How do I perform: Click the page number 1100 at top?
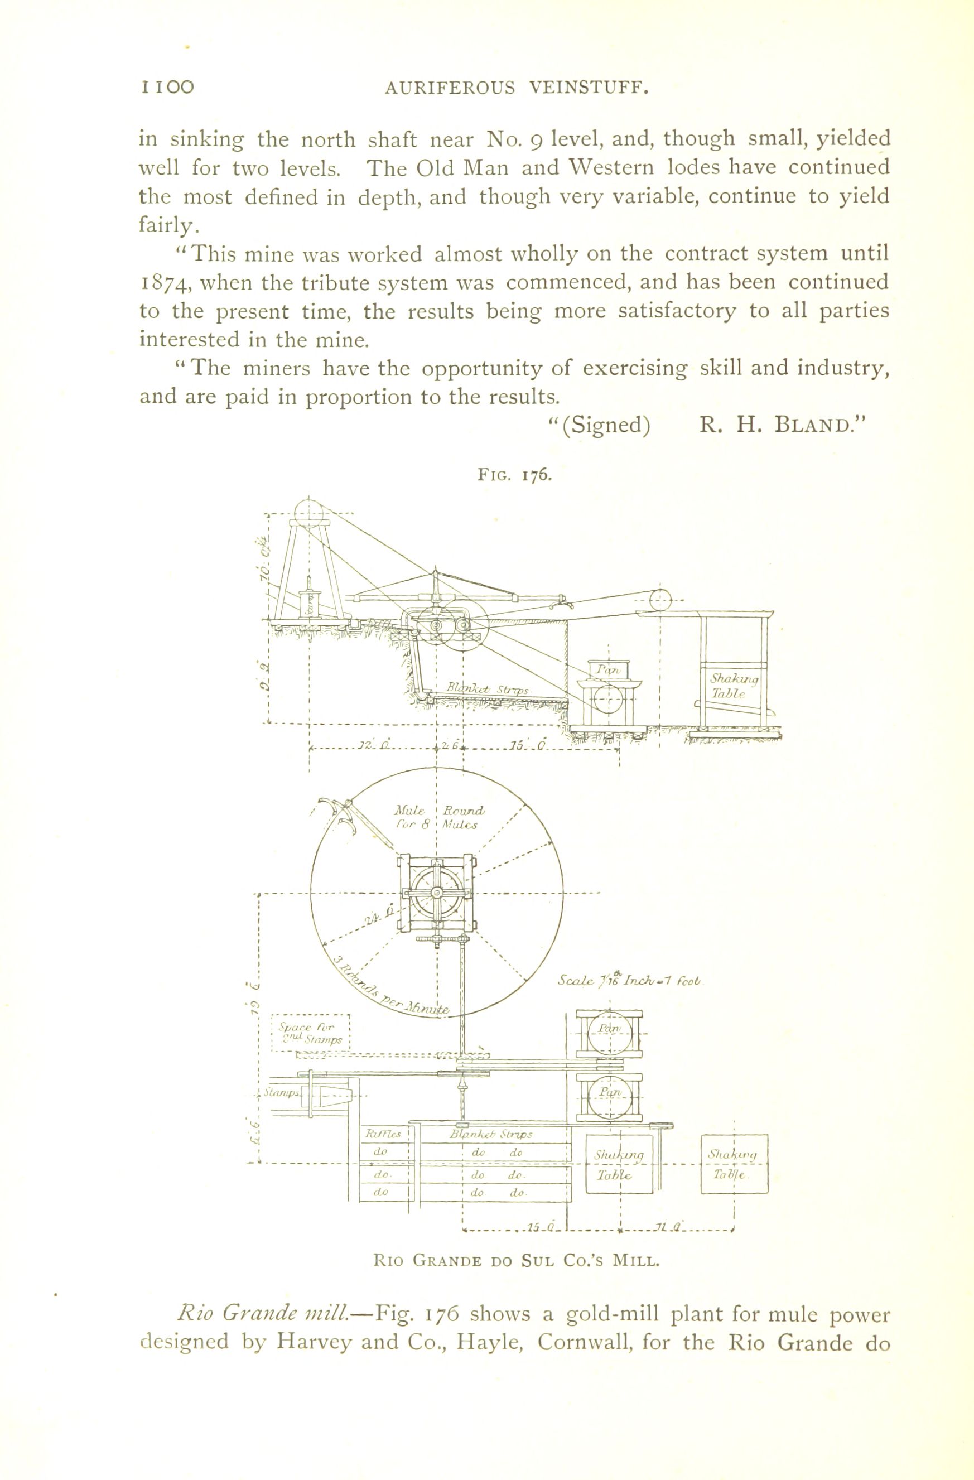point(167,87)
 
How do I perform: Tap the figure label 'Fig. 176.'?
point(514,475)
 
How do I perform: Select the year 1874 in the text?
point(163,283)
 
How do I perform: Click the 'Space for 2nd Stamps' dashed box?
point(312,1034)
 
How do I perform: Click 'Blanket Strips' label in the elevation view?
point(487,690)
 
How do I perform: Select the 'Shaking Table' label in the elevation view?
point(734,687)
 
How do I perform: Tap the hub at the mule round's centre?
point(437,894)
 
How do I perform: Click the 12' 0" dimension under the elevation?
point(373,745)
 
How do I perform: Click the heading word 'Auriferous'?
point(450,88)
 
